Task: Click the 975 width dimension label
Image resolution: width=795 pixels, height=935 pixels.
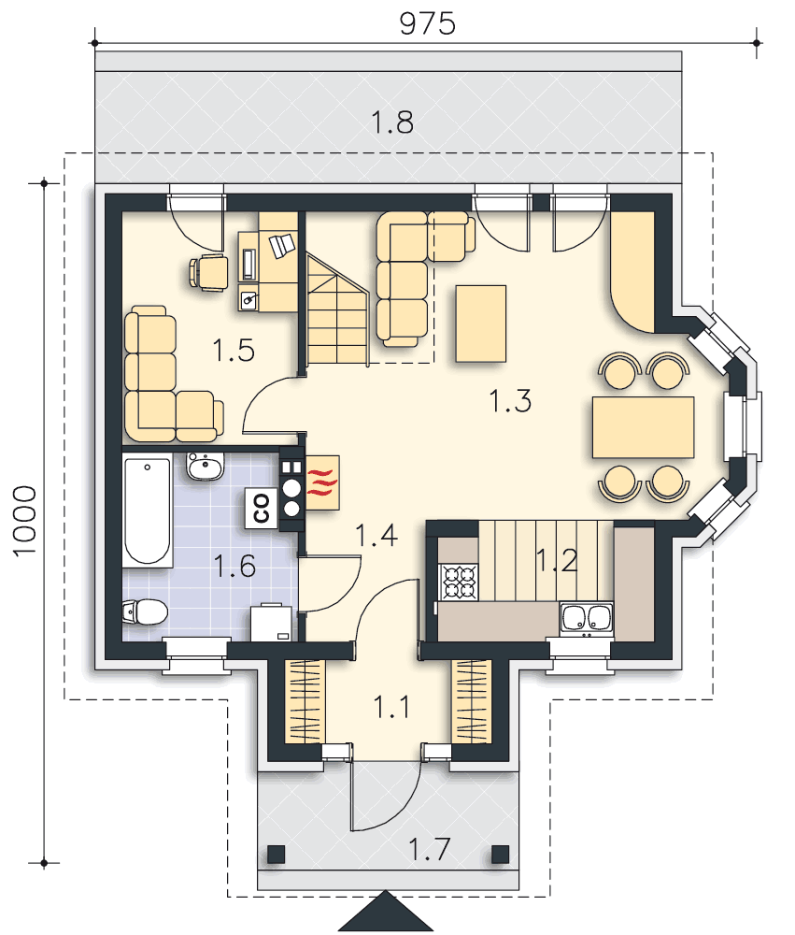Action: point(427,24)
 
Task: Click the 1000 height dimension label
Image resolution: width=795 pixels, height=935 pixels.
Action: point(25,522)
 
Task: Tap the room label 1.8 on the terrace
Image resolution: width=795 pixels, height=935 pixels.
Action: point(391,122)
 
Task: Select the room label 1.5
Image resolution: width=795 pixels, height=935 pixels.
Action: point(234,350)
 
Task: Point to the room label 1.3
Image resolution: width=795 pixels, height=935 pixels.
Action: point(510,401)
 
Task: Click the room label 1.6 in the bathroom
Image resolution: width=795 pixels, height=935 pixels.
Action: point(234,566)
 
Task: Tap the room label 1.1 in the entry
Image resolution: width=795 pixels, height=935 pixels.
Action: point(390,707)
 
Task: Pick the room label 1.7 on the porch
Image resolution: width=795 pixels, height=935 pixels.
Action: point(429,849)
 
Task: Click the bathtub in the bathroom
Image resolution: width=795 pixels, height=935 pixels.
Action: point(148,510)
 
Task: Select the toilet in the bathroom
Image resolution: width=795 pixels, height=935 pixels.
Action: point(145,611)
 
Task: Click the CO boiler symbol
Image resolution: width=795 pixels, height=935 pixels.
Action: point(262,509)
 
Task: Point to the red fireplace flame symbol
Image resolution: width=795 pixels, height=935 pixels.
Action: point(322,483)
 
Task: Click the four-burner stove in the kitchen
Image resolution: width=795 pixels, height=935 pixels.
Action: point(459,583)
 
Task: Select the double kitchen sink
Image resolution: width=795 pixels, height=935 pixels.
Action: point(587,617)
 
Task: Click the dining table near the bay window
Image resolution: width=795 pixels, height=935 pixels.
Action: point(643,427)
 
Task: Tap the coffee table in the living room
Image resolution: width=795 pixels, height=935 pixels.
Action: point(481,324)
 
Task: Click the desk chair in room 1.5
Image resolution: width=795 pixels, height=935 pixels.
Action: point(208,272)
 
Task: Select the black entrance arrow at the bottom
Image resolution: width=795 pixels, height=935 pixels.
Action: point(386,911)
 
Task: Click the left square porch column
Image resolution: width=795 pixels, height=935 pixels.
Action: point(276,855)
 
